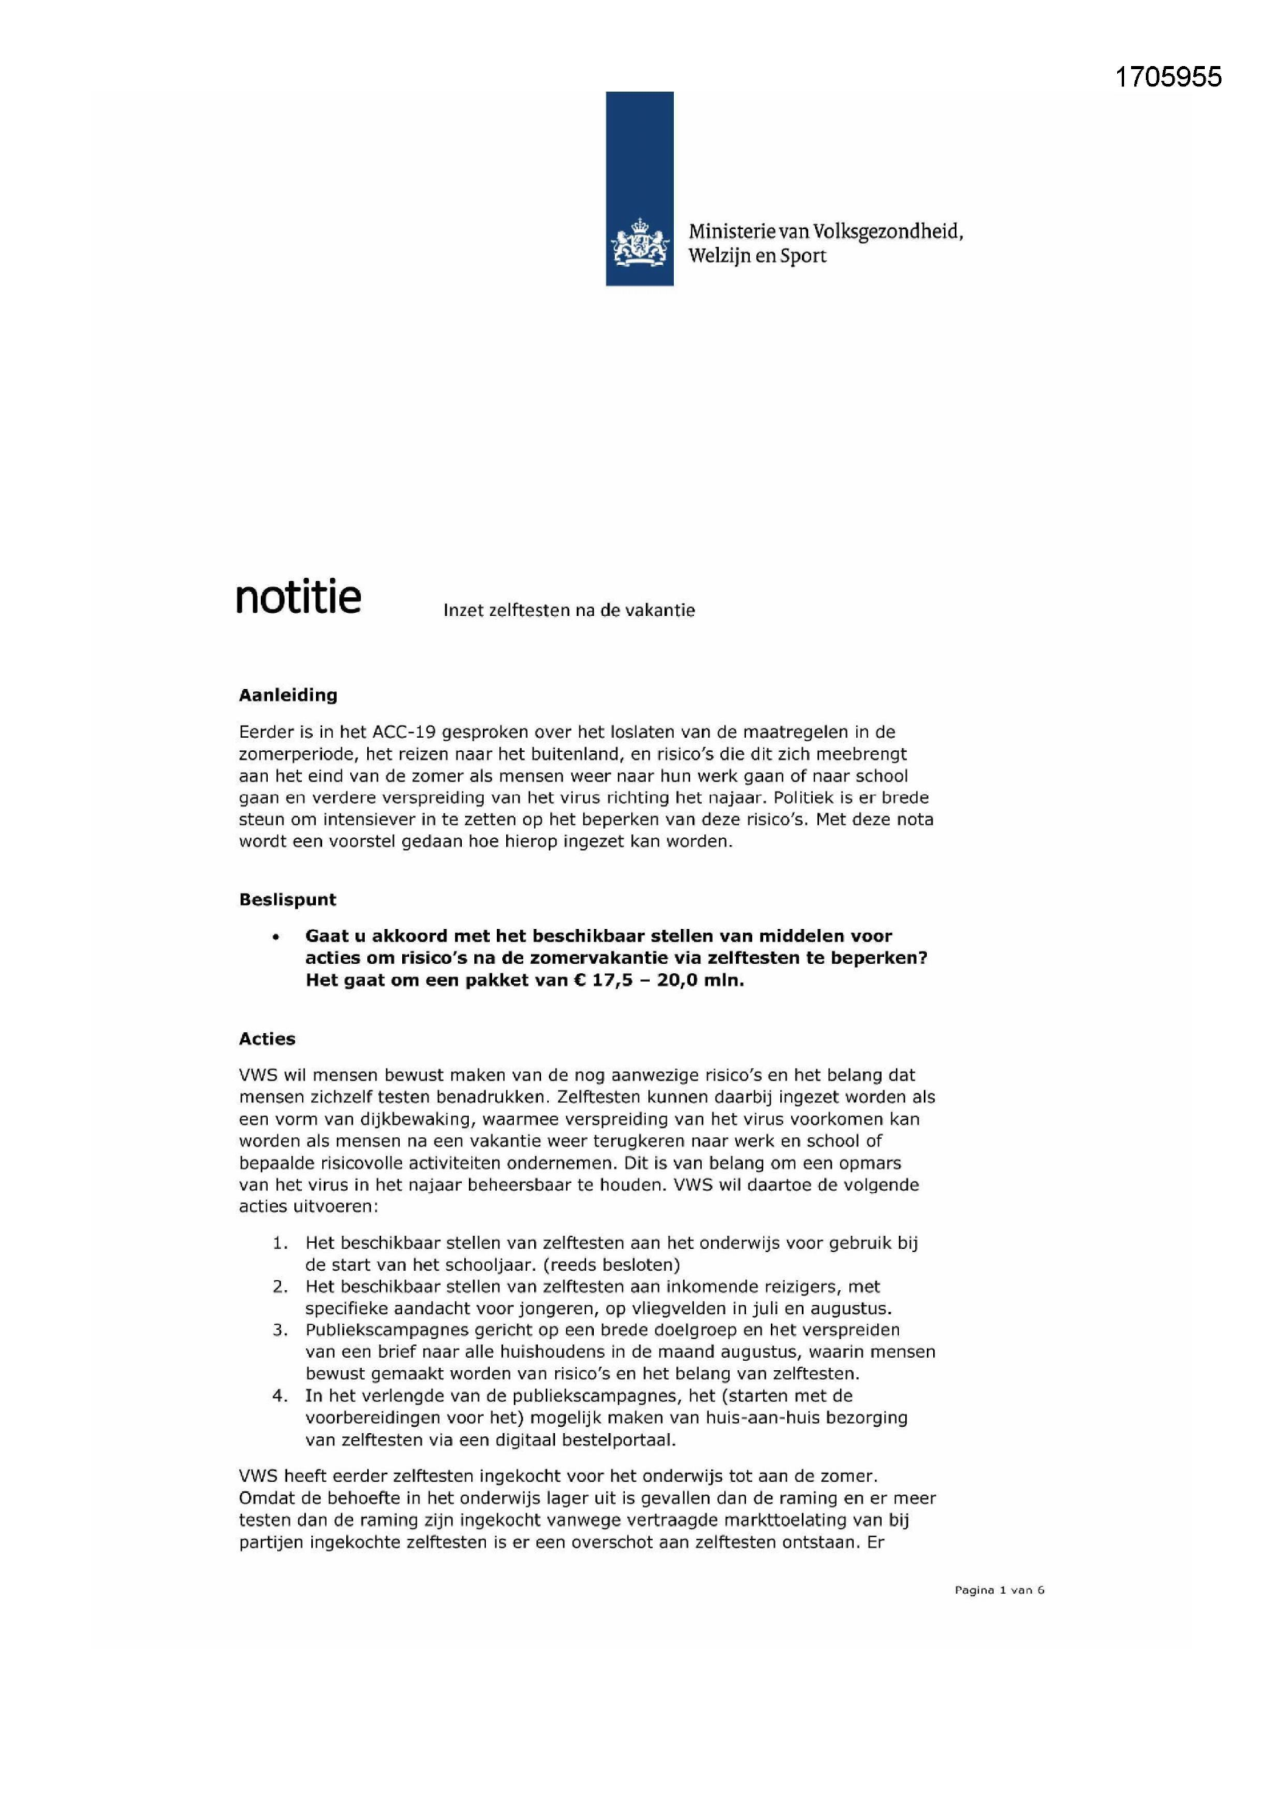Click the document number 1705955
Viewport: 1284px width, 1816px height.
point(1168,77)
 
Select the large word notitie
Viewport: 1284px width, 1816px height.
point(298,598)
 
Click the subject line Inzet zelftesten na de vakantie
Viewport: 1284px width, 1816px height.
point(568,611)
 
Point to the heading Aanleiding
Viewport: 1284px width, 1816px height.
point(288,695)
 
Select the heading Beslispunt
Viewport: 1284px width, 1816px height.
point(287,899)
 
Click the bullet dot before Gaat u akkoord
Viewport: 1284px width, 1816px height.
point(275,938)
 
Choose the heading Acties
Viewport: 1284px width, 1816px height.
point(266,1039)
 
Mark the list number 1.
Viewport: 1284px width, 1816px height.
point(280,1243)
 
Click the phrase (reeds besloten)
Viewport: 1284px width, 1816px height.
point(612,1264)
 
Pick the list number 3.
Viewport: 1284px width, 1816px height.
point(280,1330)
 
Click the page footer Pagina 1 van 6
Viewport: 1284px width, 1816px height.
point(999,1590)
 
